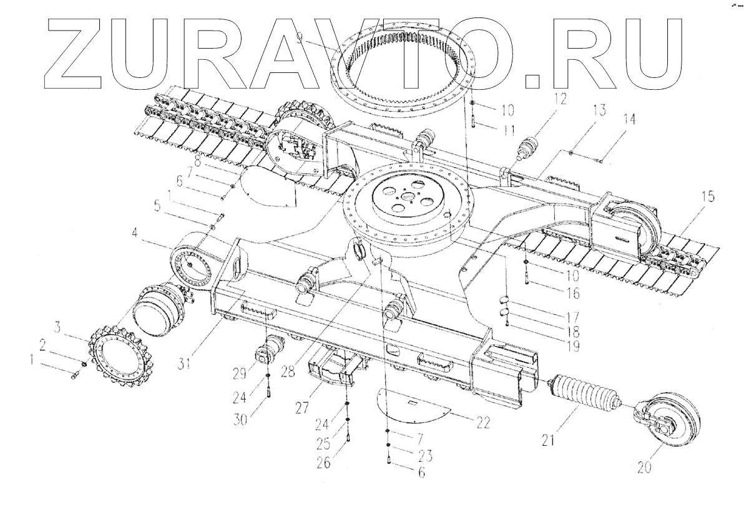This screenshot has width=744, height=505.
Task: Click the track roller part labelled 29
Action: point(270,353)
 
